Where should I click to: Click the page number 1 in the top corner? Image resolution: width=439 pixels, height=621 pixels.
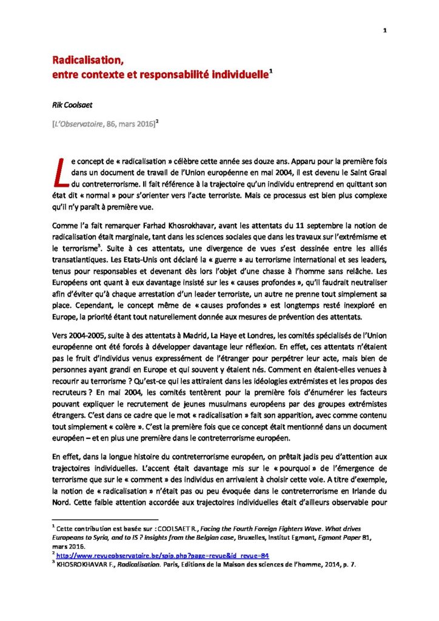(385, 32)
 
